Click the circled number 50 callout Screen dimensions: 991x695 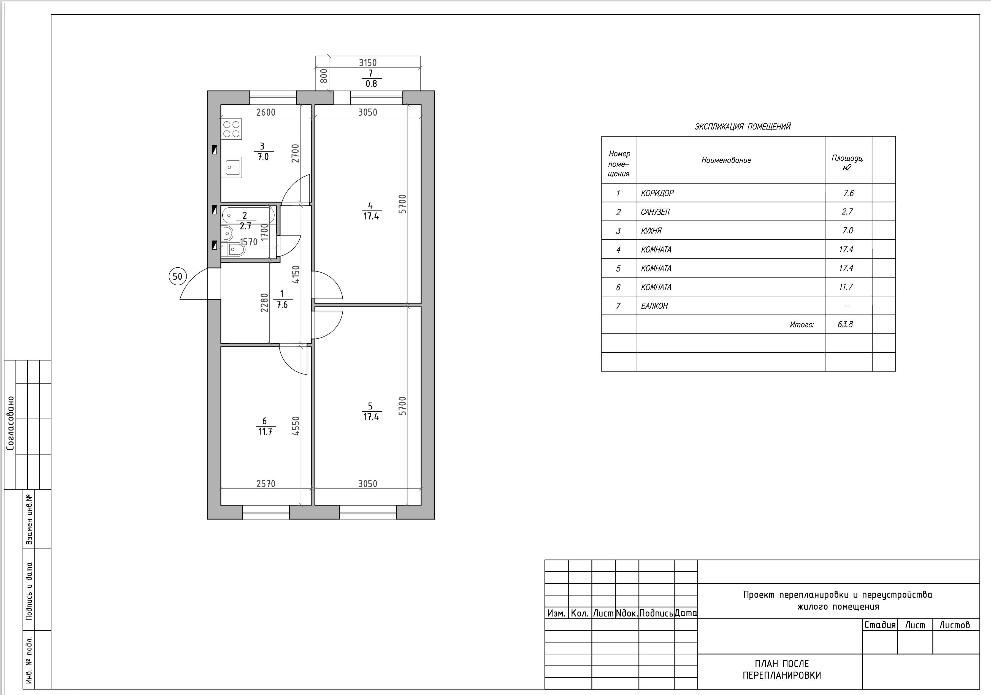pos(177,276)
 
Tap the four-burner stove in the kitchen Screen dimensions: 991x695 pos(232,129)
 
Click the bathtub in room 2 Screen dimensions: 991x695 pos(248,215)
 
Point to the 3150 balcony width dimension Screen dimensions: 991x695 pos(368,63)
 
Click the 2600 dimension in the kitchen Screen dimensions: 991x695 pos(266,112)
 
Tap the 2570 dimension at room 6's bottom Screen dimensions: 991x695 pos(266,484)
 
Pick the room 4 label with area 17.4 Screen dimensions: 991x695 pos(371,211)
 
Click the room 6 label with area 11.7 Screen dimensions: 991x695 pos(265,426)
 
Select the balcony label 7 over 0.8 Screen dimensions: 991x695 pos(371,78)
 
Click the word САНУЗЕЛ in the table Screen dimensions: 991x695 pos(655,212)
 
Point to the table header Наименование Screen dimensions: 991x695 pos(726,160)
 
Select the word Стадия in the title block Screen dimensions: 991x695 pos(880,625)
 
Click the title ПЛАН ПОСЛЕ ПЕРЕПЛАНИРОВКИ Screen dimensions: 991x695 pos(782,670)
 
